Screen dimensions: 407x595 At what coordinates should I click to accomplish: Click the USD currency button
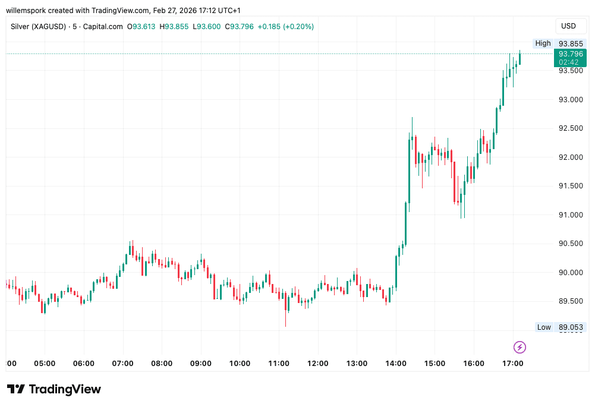coord(568,26)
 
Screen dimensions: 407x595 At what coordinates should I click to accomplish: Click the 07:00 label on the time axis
coord(122,363)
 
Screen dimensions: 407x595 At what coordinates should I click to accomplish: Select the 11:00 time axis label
coord(279,363)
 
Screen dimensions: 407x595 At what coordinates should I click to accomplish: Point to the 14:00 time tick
coord(396,363)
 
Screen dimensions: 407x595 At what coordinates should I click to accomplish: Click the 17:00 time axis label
coord(513,363)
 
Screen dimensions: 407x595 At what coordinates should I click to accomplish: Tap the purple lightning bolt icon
coord(520,347)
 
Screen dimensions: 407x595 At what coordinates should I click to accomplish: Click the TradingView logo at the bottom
coord(54,389)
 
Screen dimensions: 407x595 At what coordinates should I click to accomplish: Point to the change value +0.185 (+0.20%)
coord(285,27)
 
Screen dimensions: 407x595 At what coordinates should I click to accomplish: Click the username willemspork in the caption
coord(29,10)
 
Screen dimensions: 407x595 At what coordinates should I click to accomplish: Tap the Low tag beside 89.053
coord(544,327)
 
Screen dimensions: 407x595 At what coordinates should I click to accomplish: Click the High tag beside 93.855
coord(543,43)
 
